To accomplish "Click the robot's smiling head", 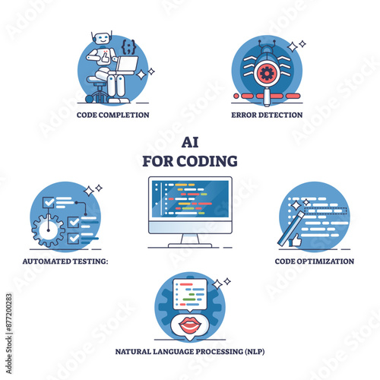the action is point(102,39).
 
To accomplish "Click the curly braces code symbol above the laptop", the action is point(128,46).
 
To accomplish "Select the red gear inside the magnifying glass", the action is point(266,74).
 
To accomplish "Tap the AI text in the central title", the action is point(190,142).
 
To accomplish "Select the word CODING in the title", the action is point(207,161).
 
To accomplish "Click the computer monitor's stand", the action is point(190,240).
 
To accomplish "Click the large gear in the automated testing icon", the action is point(48,230).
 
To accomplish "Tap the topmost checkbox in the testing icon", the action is point(49,203).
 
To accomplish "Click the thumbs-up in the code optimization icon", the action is point(296,240).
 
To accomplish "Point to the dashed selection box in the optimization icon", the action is point(325,211).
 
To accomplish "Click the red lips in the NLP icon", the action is point(190,325).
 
